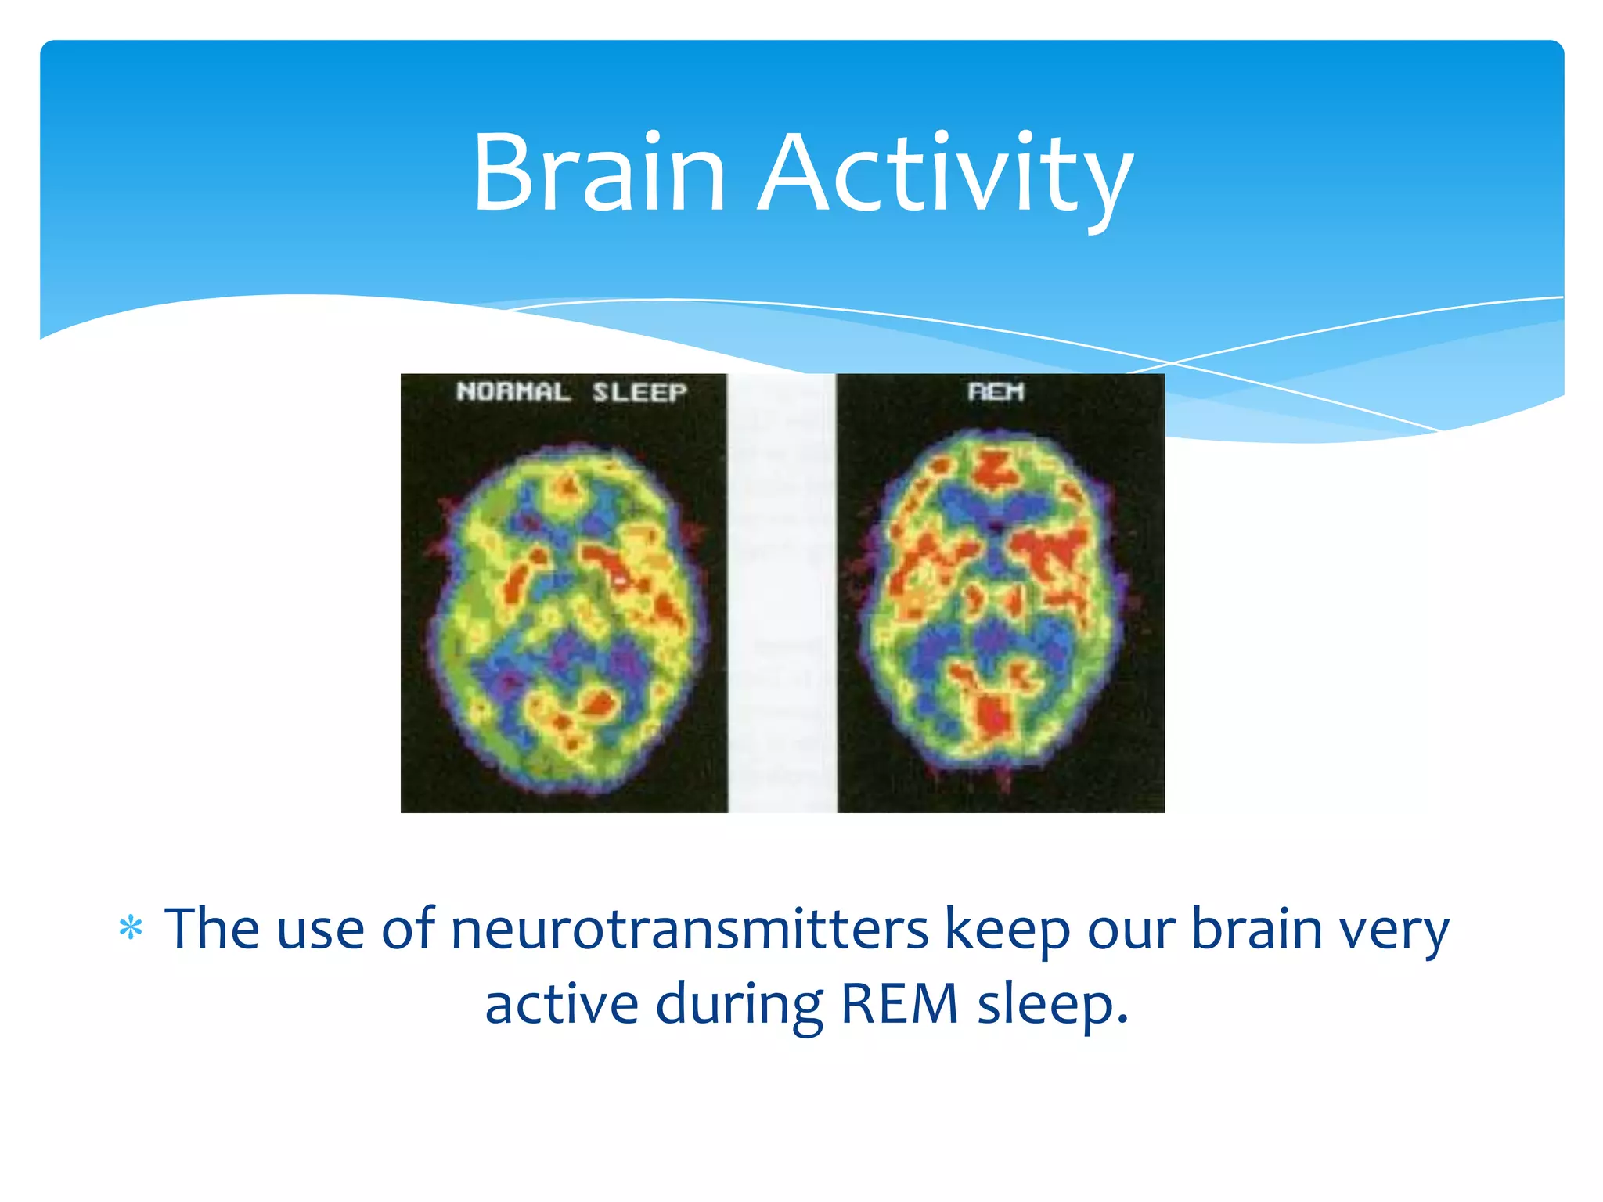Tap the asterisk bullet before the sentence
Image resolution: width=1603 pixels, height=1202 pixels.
coord(130,929)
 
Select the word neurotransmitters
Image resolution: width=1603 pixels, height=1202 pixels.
coord(689,929)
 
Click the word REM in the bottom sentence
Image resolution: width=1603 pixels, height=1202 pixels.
coord(899,1004)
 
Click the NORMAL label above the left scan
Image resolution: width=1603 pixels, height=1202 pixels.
coord(513,391)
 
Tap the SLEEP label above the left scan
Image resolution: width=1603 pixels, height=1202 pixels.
coord(639,391)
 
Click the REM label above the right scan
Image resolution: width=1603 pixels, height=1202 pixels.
coord(996,390)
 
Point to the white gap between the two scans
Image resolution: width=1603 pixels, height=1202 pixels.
coord(781,595)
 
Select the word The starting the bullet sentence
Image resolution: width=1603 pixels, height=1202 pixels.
coord(211,929)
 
